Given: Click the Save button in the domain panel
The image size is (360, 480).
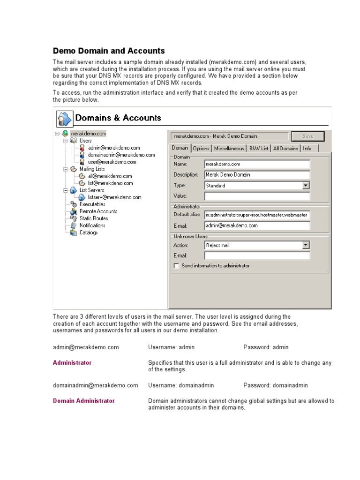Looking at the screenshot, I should click(x=307, y=136).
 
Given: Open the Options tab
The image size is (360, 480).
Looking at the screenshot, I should click(x=201, y=148).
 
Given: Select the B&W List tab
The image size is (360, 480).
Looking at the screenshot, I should click(x=259, y=148).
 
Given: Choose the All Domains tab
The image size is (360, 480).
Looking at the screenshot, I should click(x=285, y=148).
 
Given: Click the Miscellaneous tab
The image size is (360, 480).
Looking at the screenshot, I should click(x=229, y=148).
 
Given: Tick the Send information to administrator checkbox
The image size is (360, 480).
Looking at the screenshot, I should click(x=176, y=266).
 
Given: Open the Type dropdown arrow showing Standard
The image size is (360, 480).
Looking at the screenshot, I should click(x=306, y=186).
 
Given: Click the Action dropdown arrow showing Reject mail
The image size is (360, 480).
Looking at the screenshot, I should click(x=306, y=245).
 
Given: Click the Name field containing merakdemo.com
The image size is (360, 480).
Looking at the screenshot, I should click(x=257, y=164).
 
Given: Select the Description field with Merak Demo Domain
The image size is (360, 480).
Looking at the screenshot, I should click(x=257, y=175).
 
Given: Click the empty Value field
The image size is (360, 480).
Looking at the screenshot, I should click(x=257, y=196).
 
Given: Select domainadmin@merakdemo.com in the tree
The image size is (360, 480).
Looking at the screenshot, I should click(x=121, y=155).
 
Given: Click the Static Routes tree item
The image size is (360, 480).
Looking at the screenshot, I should click(x=93, y=218).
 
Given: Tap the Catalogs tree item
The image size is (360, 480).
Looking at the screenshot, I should click(x=89, y=232).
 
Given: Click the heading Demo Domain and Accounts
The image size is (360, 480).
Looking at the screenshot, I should click(x=109, y=51).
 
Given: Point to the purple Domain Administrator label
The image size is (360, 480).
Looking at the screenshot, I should click(x=84, y=401).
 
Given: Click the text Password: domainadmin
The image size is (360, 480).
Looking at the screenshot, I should click(x=276, y=385).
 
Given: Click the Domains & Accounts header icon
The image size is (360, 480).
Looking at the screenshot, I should click(x=65, y=118).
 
